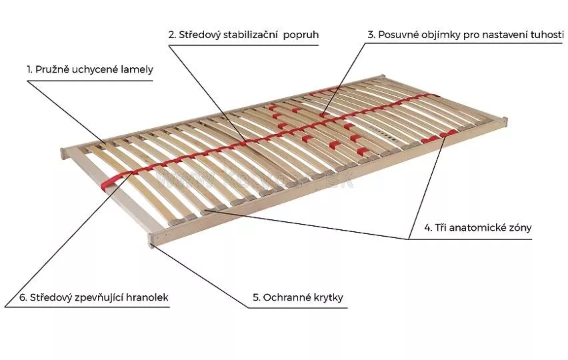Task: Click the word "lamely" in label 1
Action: [137, 69]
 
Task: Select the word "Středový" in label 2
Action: [199, 35]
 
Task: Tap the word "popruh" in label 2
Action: [301, 35]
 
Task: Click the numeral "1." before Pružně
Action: [29, 69]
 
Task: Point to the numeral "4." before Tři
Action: [428, 228]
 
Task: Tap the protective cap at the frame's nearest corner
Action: [151, 241]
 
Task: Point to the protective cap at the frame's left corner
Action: [63, 153]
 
